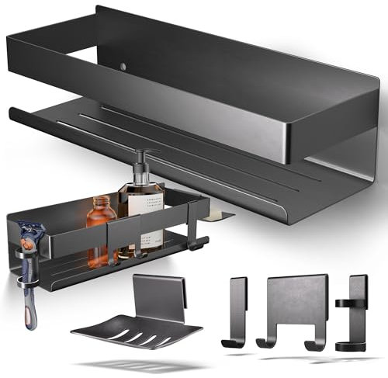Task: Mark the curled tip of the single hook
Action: [227, 342]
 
